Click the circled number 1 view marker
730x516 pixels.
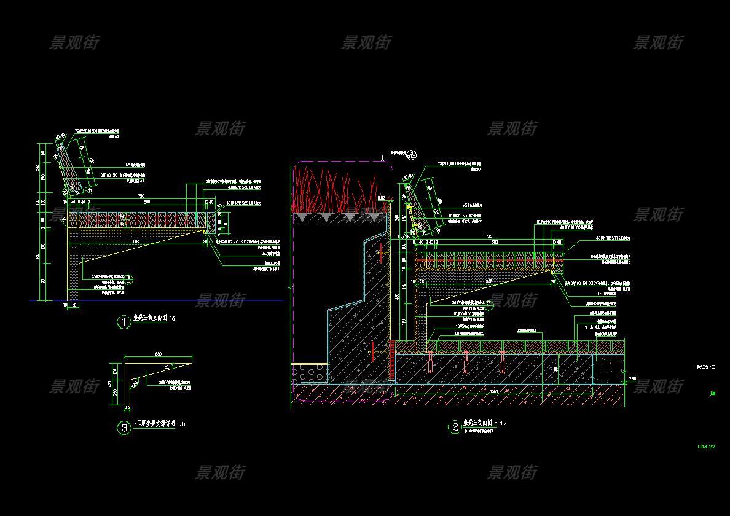(x=124, y=322)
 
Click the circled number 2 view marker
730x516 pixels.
(x=455, y=427)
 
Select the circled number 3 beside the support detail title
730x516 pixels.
(x=124, y=428)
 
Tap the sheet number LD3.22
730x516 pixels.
(x=706, y=447)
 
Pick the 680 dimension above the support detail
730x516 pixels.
(x=158, y=354)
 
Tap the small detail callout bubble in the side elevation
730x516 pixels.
(x=129, y=278)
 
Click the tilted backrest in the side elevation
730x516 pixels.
(x=69, y=166)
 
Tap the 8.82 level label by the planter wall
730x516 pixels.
(x=381, y=197)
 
